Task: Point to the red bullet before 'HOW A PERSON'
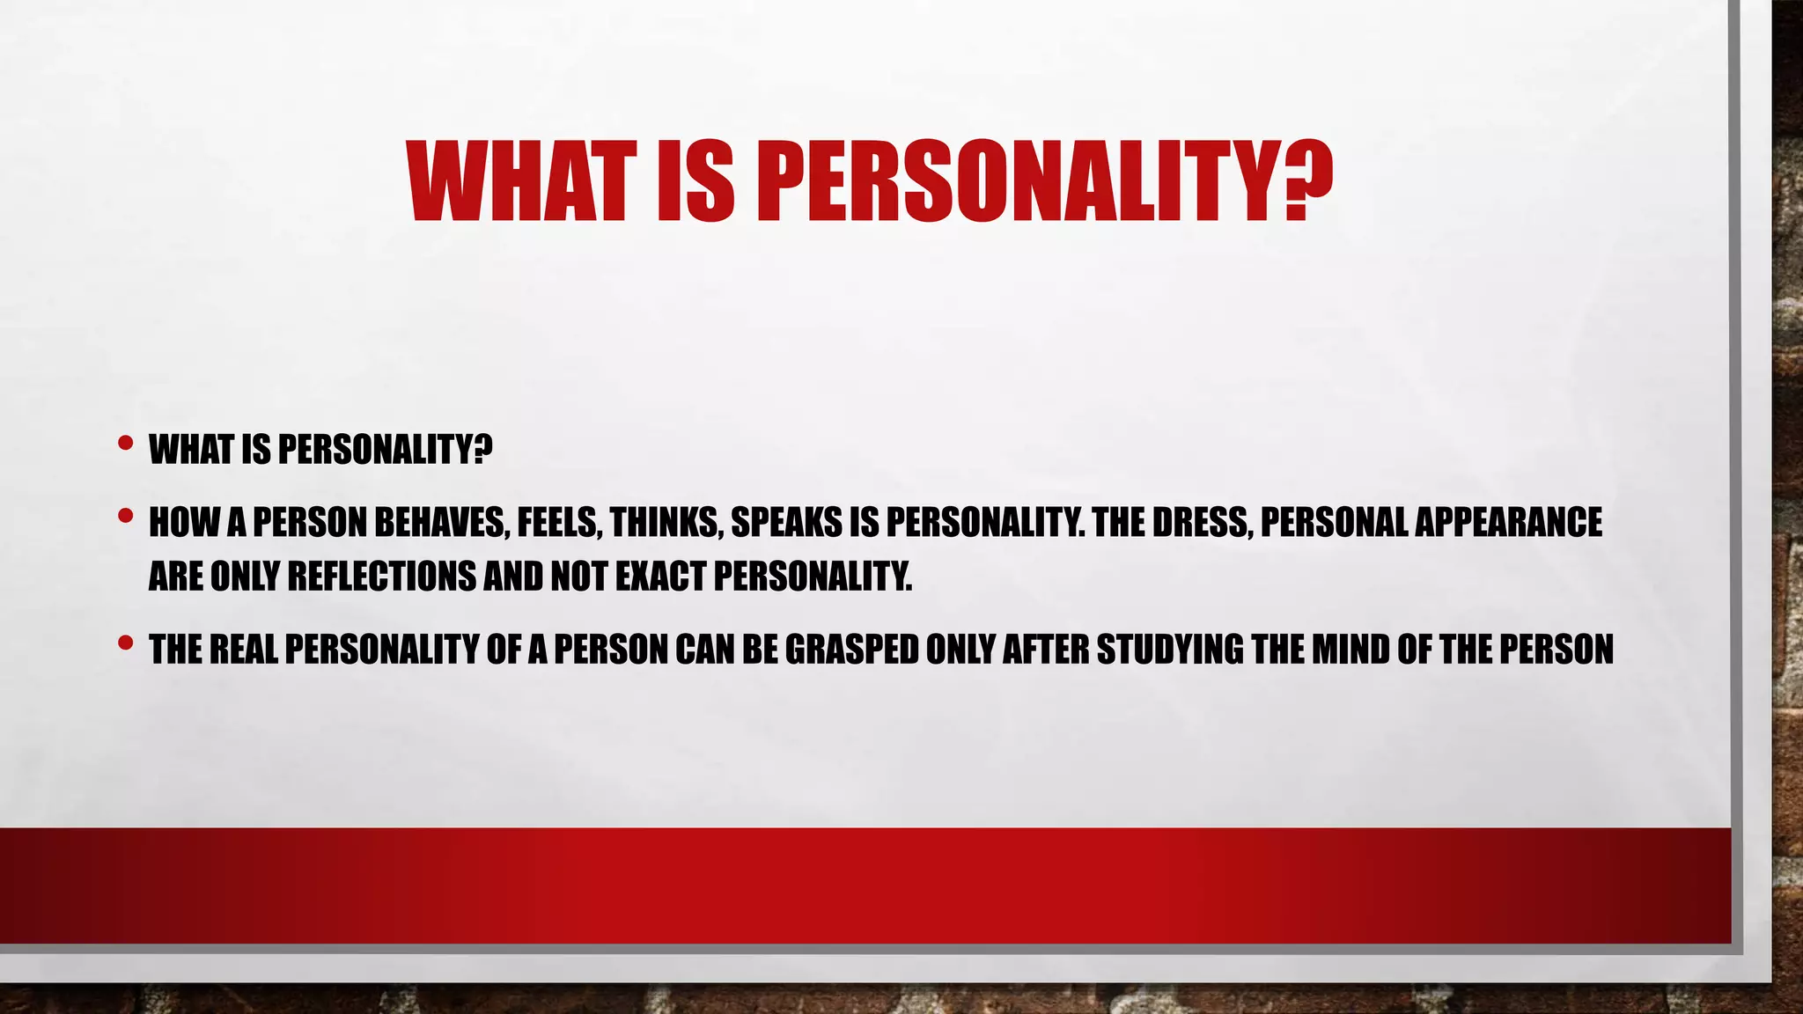point(125,516)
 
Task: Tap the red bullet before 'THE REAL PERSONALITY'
point(125,643)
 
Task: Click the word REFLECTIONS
point(382,577)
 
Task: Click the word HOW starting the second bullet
point(183,523)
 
